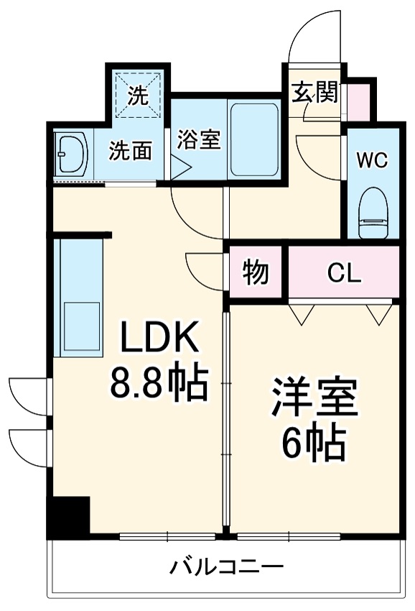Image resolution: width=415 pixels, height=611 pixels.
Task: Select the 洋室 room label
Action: click(314, 403)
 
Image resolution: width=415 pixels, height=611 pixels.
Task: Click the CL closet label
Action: click(345, 273)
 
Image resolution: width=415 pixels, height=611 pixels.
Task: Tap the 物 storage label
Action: click(255, 273)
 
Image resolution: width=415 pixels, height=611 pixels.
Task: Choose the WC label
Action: click(373, 160)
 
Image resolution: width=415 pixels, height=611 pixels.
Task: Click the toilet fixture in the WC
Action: click(372, 208)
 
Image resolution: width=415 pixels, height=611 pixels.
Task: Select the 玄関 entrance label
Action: click(314, 93)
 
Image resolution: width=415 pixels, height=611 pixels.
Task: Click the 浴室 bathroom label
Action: click(198, 139)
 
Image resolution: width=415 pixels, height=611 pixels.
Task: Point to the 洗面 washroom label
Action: click(131, 150)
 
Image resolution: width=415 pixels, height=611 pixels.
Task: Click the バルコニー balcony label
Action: click(226, 567)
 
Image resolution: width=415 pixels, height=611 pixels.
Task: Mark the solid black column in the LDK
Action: click(68, 515)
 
